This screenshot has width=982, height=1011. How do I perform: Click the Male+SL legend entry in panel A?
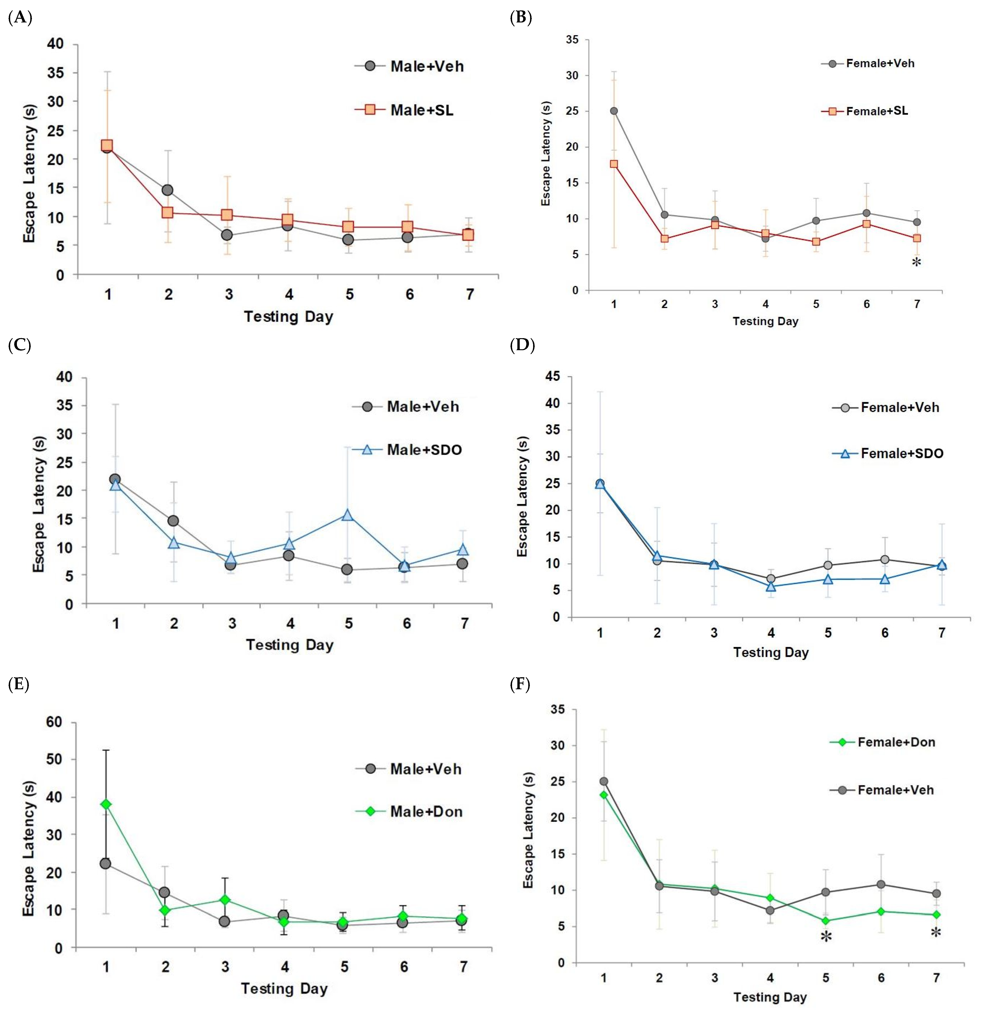(x=404, y=110)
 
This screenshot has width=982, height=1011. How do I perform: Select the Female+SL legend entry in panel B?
(x=865, y=111)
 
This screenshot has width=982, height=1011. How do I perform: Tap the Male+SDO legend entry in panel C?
(x=407, y=450)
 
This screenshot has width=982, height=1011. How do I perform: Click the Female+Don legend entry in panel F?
(x=883, y=742)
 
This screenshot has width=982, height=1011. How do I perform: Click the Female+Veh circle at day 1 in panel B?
(x=614, y=111)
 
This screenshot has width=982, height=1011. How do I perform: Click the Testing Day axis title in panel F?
(x=770, y=997)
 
